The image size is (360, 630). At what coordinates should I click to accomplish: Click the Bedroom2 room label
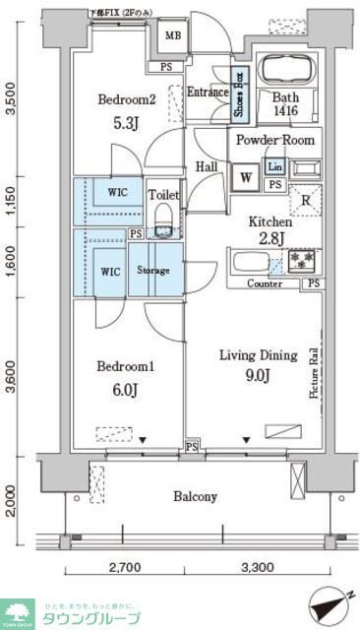point(126,99)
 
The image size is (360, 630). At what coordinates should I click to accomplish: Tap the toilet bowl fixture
point(163,216)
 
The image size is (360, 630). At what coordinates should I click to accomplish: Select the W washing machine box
point(245,177)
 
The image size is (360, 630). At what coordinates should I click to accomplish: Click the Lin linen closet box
point(274,167)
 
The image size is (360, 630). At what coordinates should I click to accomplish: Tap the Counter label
point(265,283)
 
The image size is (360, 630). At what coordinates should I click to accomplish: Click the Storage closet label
point(153,271)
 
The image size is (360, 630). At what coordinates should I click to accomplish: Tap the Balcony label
point(196,496)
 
